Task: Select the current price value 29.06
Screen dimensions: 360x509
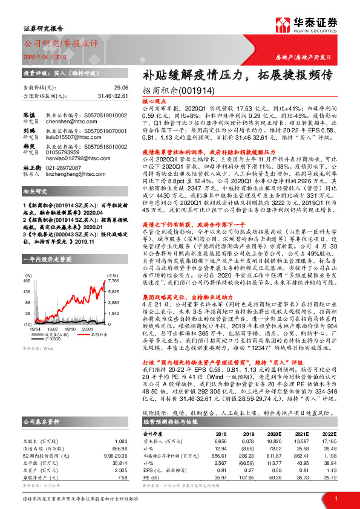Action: tap(121, 87)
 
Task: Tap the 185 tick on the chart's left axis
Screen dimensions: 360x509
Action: tap(28, 281)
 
